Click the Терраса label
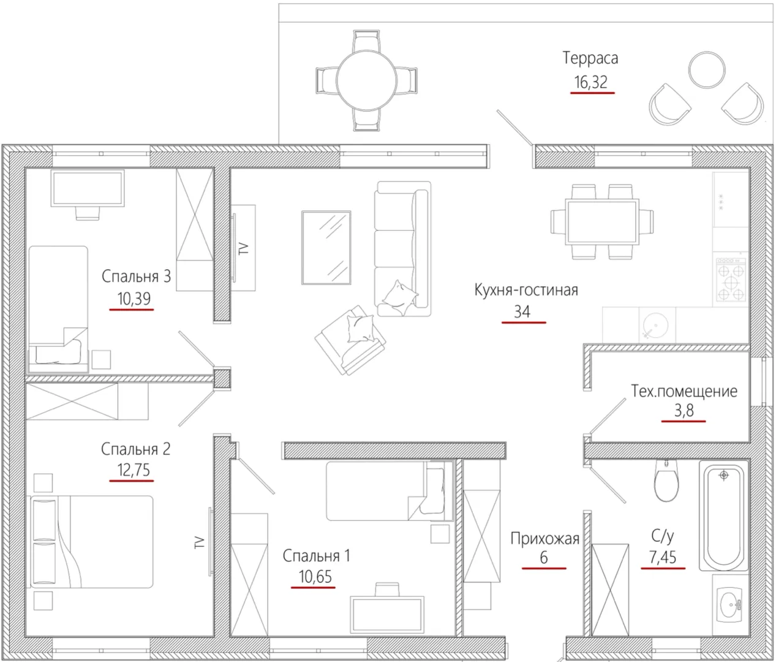(x=590, y=58)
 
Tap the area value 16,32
(x=591, y=82)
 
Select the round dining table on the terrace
(x=366, y=80)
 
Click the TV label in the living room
(x=244, y=248)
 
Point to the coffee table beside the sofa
(x=326, y=248)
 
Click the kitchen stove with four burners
(x=730, y=280)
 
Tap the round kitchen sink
(x=655, y=325)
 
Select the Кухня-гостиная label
(x=526, y=290)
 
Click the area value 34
(x=522, y=311)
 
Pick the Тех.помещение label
(x=684, y=391)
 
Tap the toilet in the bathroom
(x=666, y=481)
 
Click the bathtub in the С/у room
(x=723, y=517)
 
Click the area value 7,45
(x=663, y=557)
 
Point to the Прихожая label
(x=544, y=539)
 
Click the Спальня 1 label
(x=317, y=556)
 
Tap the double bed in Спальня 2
(x=92, y=541)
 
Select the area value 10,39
(x=134, y=299)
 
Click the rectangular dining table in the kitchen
(x=603, y=222)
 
